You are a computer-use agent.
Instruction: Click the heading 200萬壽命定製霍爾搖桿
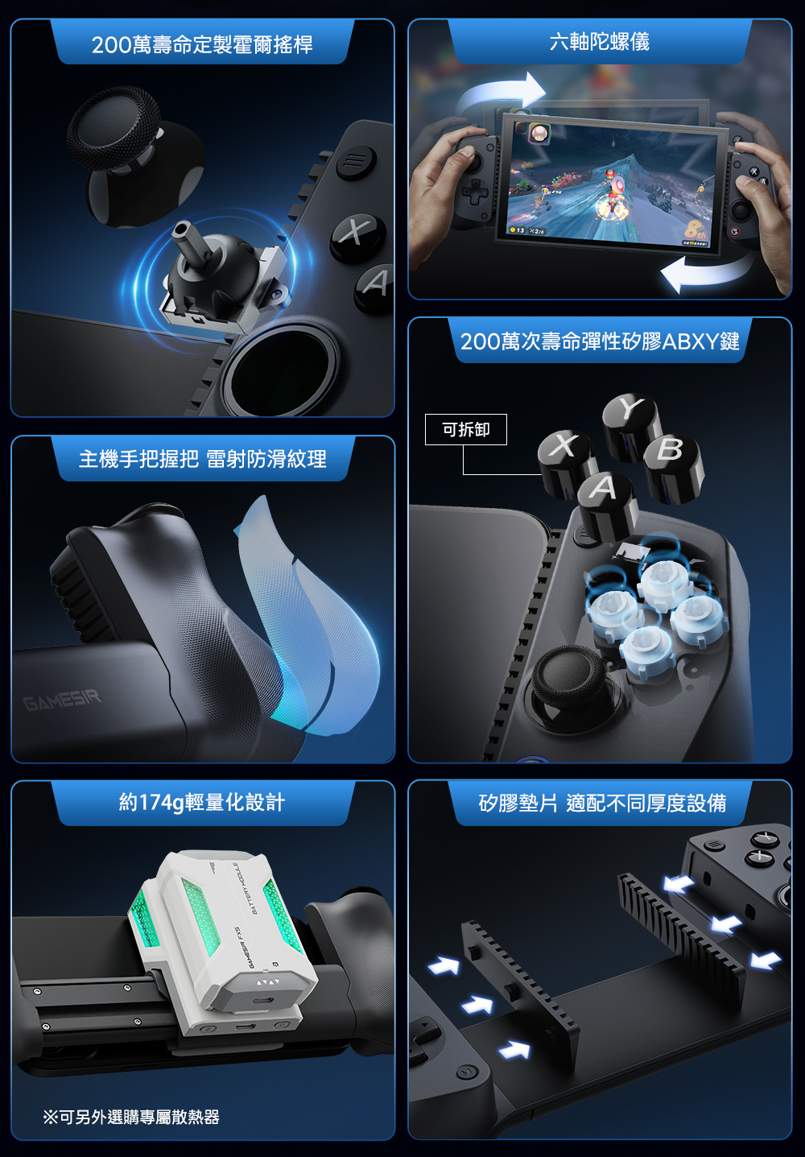202,45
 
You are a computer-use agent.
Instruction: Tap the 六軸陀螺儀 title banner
600,42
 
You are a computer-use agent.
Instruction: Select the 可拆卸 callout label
466,429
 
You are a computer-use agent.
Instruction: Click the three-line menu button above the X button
356,162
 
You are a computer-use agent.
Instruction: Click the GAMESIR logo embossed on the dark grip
62,700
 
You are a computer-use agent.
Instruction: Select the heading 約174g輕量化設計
202,802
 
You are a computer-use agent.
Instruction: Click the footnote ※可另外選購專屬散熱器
131,1117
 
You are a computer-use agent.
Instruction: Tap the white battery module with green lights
222,940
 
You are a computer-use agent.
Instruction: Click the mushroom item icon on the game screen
539,133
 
